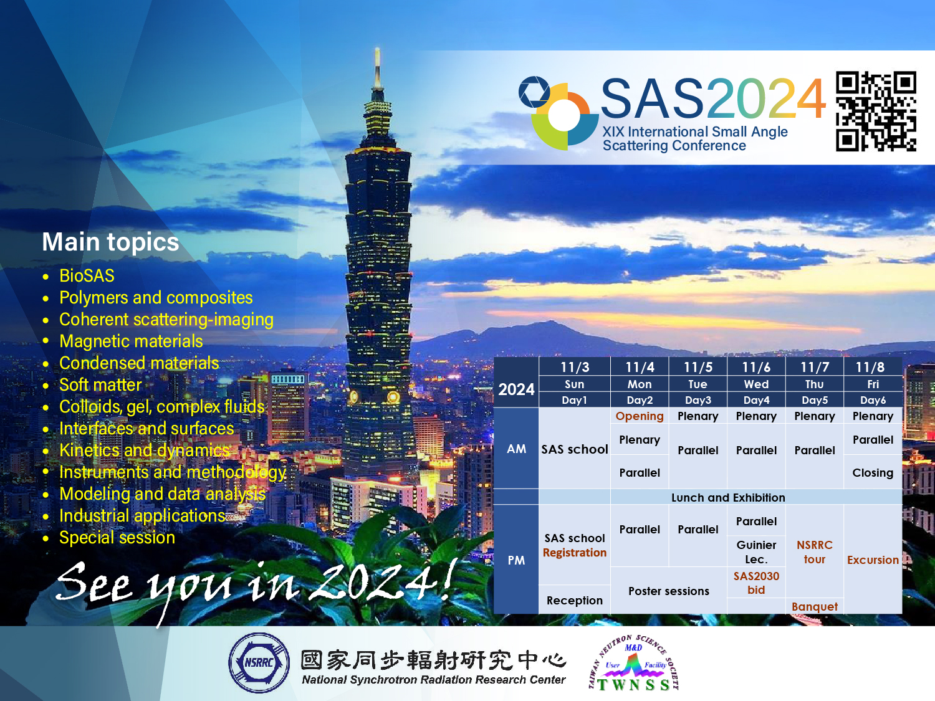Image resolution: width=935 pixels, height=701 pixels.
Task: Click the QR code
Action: click(x=876, y=111)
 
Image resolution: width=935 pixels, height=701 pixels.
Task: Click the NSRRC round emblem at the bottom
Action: click(x=259, y=663)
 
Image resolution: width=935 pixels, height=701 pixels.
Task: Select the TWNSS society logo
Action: click(x=633, y=663)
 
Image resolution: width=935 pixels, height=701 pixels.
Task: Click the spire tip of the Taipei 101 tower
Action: click(x=377, y=49)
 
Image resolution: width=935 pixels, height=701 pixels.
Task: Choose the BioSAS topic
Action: click(x=87, y=276)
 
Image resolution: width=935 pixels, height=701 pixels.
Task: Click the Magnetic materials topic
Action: click(x=131, y=341)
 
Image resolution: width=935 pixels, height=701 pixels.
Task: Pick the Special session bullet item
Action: click(x=117, y=538)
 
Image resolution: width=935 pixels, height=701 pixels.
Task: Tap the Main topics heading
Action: click(x=111, y=242)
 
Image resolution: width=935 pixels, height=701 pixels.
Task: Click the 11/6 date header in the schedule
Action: click(x=756, y=367)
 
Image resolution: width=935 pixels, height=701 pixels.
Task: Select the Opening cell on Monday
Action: click(x=640, y=416)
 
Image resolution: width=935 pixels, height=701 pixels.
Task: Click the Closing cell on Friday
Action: click(x=873, y=472)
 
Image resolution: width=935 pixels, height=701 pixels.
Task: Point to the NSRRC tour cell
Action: click(x=815, y=552)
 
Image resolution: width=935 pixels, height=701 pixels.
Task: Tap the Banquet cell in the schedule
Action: click(x=815, y=606)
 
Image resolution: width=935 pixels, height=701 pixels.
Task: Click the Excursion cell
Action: click(x=873, y=560)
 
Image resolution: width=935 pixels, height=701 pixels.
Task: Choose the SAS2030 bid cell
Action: click(x=756, y=583)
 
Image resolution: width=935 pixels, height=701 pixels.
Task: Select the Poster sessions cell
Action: click(x=669, y=591)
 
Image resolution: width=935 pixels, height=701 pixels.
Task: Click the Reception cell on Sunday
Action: click(x=575, y=600)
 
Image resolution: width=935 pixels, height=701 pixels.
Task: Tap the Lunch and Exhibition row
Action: click(x=728, y=497)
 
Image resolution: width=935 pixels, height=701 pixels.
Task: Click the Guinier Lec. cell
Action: click(x=756, y=551)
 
